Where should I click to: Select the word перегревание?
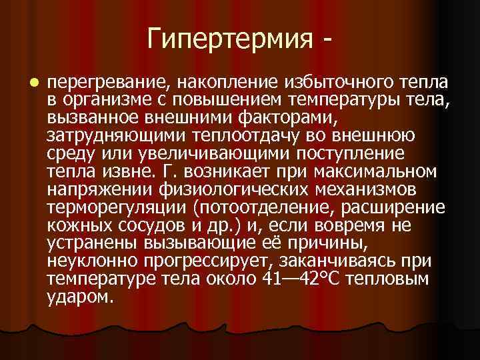click(x=108, y=83)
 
